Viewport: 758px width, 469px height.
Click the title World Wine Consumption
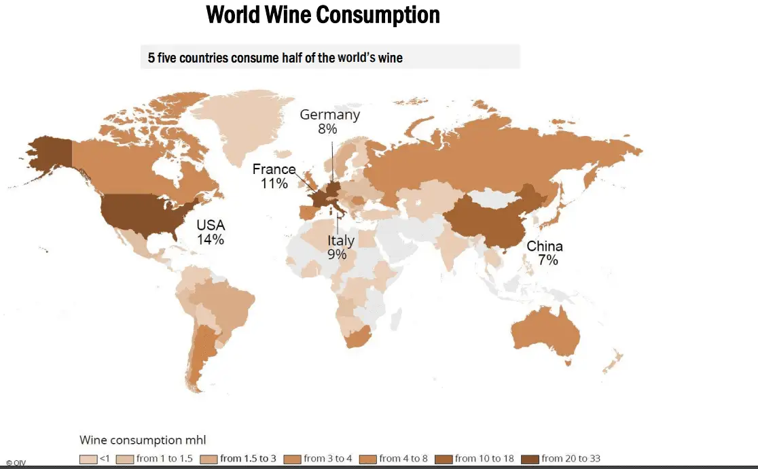coord(323,15)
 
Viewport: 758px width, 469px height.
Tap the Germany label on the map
coord(329,115)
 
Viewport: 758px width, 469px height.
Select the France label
coord(274,169)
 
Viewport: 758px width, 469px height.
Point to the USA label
coord(211,225)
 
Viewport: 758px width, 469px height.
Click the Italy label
coord(341,241)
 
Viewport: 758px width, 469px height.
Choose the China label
coord(545,246)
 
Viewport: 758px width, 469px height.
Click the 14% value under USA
coord(211,239)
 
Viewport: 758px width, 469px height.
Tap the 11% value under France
coord(274,183)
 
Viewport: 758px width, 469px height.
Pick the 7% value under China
coord(545,260)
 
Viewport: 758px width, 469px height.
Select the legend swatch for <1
coord(88,459)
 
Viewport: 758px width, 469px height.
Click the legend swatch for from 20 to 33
coord(530,459)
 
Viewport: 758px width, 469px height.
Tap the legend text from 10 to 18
coord(484,459)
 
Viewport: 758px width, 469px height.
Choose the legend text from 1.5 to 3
coord(248,459)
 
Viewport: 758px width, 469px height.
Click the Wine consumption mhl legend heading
coord(147,440)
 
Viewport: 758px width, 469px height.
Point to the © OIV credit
coord(16,462)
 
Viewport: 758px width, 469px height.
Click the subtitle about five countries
coord(275,58)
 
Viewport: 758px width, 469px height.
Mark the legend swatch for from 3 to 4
coord(293,459)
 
